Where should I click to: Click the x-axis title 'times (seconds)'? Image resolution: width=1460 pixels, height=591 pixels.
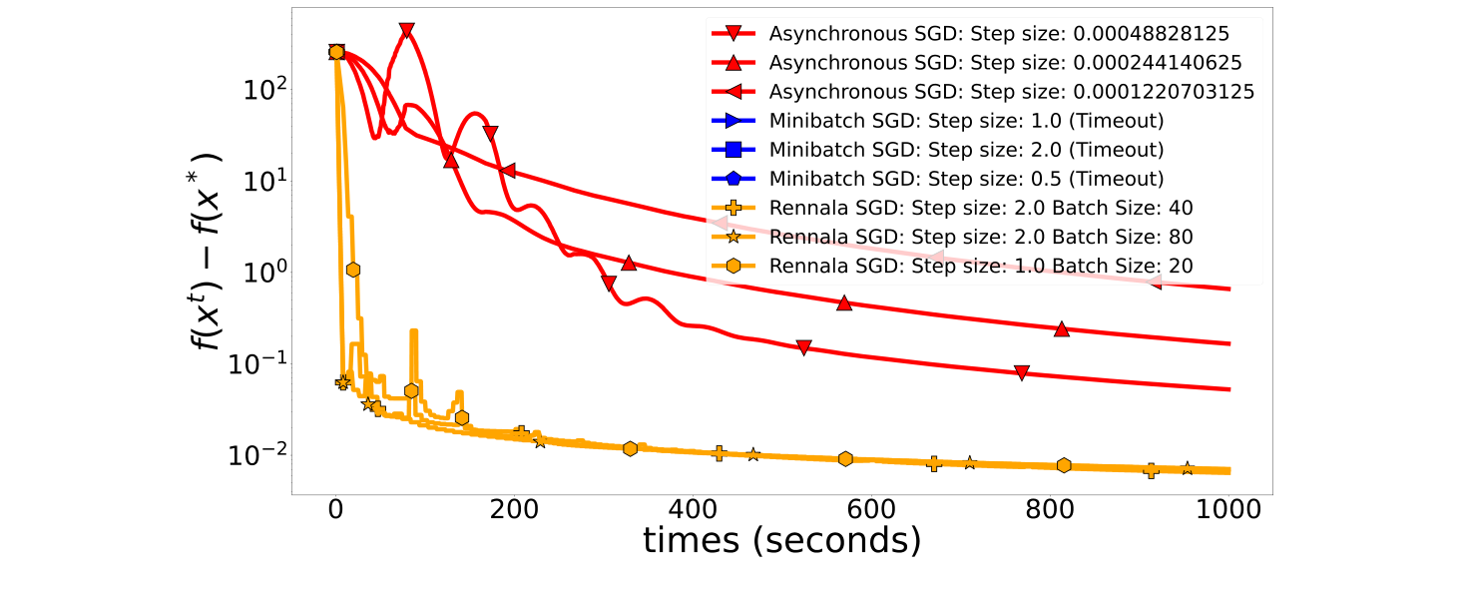(x=781, y=540)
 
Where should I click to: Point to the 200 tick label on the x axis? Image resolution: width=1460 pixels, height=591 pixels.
(x=514, y=509)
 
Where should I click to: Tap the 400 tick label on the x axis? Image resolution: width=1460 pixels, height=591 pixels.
(x=692, y=509)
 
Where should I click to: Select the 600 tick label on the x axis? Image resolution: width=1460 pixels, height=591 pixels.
(x=870, y=509)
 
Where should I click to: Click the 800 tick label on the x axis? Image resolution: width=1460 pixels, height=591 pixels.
(x=1049, y=509)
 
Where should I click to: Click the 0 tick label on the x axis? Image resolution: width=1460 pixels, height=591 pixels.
(x=336, y=509)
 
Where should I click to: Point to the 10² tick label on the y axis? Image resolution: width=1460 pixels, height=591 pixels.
(x=264, y=91)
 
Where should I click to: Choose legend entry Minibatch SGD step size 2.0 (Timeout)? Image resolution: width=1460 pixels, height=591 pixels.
(x=966, y=150)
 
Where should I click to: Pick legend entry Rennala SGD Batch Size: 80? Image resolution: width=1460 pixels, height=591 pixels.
(x=981, y=237)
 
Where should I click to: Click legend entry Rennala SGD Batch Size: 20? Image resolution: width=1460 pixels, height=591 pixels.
(x=981, y=266)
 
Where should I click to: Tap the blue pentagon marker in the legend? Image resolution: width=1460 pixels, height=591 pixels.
(x=732, y=179)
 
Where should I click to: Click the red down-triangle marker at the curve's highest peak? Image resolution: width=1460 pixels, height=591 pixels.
(x=406, y=31)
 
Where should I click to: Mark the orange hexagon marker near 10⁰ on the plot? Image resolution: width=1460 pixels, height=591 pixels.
(x=352, y=270)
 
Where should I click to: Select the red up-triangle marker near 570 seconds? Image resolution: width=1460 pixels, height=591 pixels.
(x=844, y=302)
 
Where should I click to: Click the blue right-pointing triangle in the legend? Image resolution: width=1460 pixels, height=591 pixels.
(x=732, y=121)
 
